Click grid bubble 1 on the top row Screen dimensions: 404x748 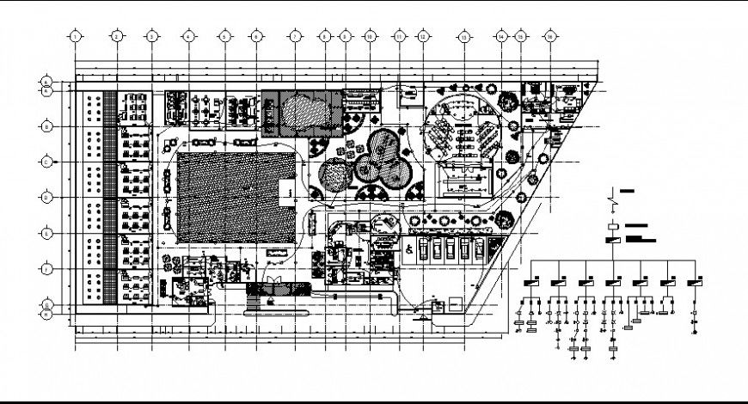76,37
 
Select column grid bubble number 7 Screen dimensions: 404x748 294,37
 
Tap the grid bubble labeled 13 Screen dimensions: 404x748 463,37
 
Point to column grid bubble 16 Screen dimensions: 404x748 549,37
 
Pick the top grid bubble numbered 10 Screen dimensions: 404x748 369,37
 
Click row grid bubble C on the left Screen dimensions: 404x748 45,161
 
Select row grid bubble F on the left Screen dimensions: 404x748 45,268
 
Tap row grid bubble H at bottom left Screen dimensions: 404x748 45,312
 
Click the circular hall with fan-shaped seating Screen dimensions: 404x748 462,128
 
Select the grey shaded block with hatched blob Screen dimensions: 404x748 296,112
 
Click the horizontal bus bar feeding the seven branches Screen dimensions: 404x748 614,257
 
